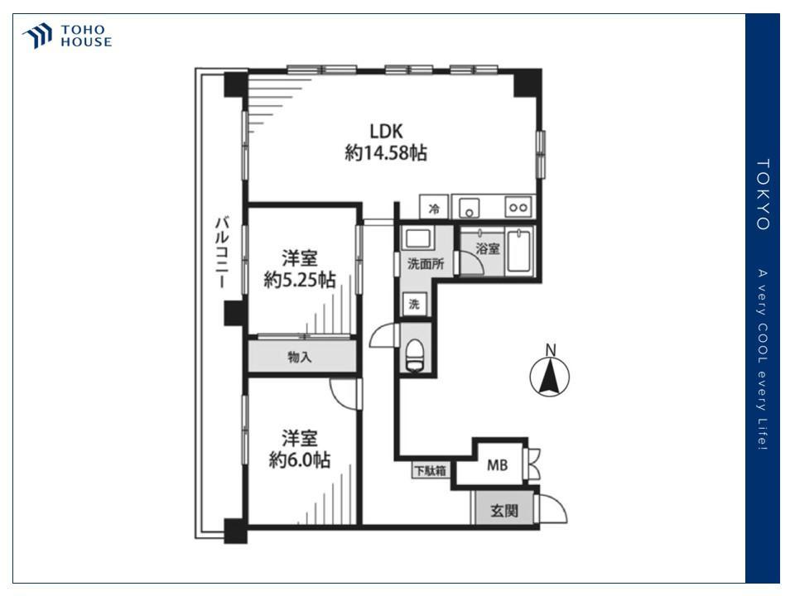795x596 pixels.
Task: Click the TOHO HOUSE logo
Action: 66,36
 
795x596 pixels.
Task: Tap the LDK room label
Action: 386,132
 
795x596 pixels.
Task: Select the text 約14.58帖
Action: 386,152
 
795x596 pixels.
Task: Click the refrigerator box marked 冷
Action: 434,207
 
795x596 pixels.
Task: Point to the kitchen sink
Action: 470,208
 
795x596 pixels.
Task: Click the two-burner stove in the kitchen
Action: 518,207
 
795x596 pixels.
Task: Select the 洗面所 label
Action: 426,263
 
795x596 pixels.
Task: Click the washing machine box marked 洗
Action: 415,304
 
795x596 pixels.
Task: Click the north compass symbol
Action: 550,372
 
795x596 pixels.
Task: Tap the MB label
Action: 497,464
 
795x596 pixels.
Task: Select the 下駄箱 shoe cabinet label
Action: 431,470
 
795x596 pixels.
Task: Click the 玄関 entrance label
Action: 504,511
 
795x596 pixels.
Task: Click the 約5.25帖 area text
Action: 300,280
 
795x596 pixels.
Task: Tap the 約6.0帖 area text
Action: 300,459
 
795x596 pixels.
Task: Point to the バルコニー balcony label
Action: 222,252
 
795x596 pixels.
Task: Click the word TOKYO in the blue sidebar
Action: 763,195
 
